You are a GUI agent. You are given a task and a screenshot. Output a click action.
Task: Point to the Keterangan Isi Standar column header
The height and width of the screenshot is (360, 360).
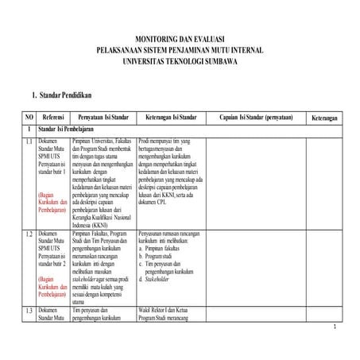[171, 117]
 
